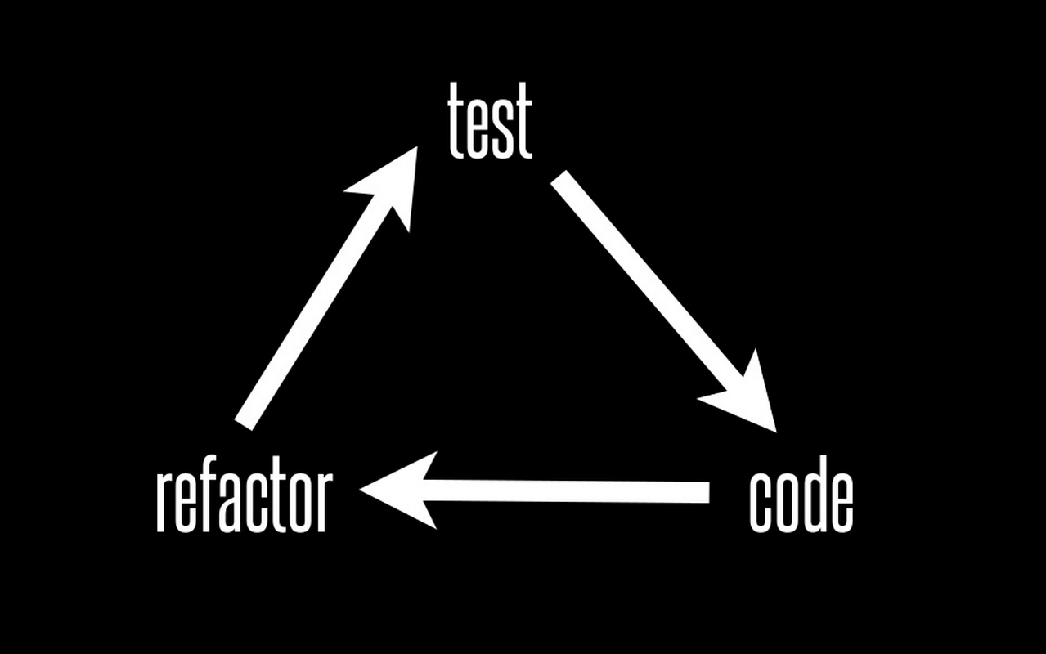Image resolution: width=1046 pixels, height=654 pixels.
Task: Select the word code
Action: coord(801,500)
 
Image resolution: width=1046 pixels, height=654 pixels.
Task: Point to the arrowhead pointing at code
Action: coord(748,397)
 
